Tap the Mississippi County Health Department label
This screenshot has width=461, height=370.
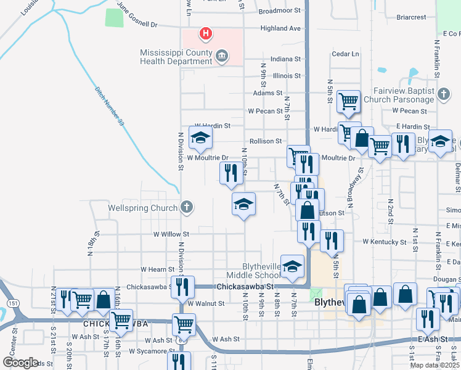[175, 56]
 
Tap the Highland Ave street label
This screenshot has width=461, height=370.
[280, 28]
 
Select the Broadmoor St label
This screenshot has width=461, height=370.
[279, 10]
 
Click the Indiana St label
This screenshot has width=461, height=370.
[285, 59]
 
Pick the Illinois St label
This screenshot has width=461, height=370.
[287, 76]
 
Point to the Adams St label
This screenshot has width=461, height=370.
[267, 93]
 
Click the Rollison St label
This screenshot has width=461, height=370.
[265, 141]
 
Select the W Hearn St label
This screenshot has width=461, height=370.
[158, 269]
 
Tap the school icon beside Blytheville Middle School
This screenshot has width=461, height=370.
[293, 265]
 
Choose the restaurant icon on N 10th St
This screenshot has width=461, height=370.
[231, 172]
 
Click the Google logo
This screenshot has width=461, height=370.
[20, 363]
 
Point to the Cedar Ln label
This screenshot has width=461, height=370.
[345, 54]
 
